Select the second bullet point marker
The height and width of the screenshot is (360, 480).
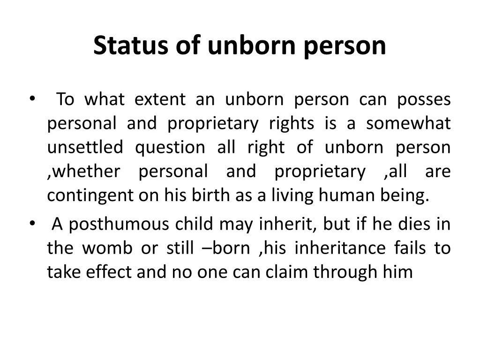pyautogui.click(x=31, y=224)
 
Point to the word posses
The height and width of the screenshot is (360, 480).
pyautogui.click(x=424, y=99)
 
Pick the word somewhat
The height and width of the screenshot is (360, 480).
pyautogui.click(x=408, y=123)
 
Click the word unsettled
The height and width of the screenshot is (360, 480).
pyautogui.click(x=85, y=147)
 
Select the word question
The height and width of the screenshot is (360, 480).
pyautogui.click(x=170, y=148)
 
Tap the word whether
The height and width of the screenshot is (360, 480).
pyautogui.click(x=85, y=172)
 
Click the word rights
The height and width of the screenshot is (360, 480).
pyautogui.click(x=291, y=124)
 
